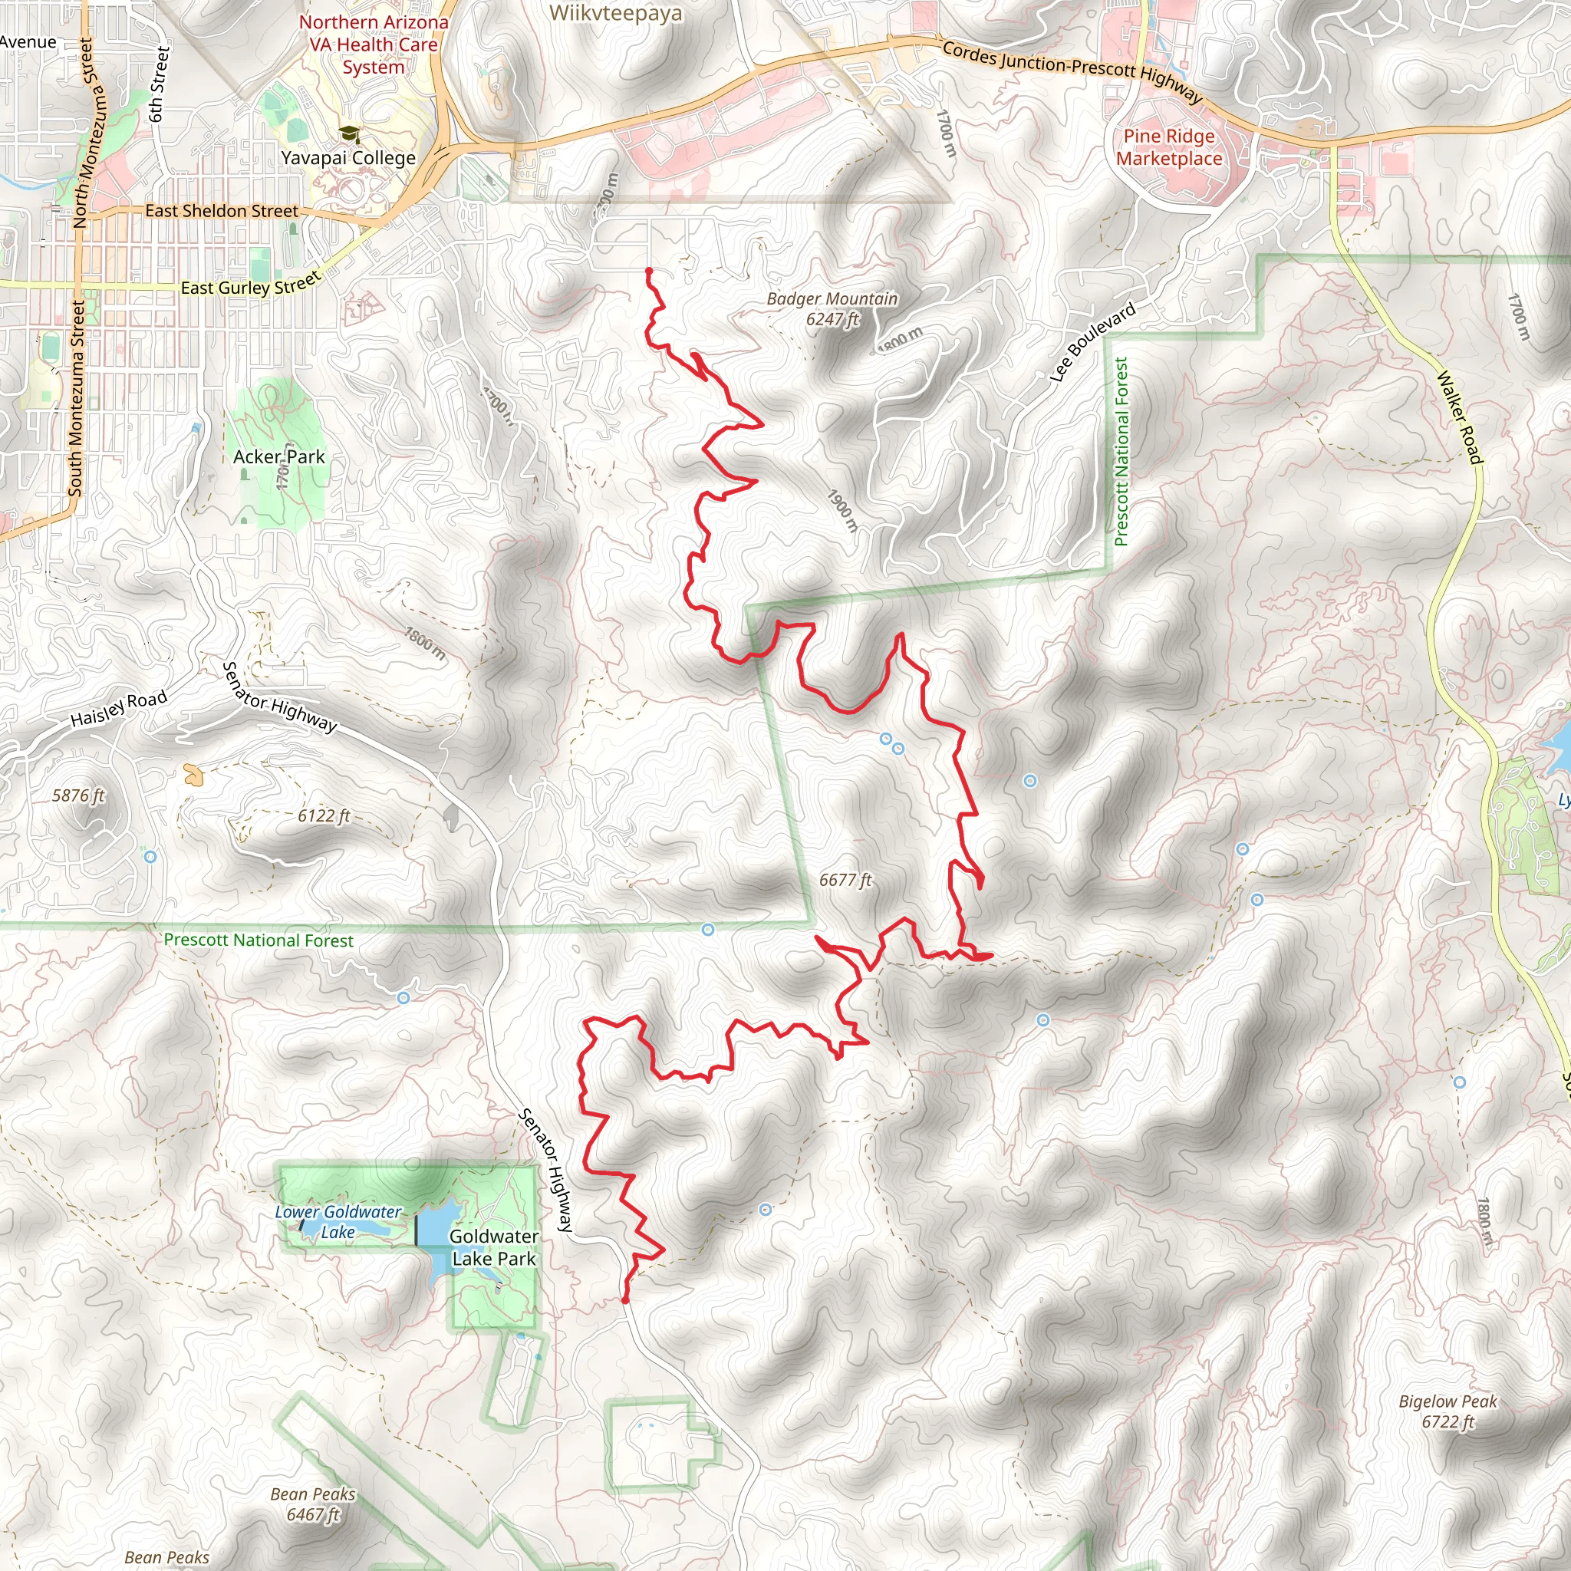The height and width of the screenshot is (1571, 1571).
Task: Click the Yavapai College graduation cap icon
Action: (350, 133)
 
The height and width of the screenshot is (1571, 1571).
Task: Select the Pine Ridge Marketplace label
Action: (1168, 147)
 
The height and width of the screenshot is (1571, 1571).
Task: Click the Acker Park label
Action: (279, 457)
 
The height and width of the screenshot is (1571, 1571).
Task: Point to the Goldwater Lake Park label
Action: (493, 1247)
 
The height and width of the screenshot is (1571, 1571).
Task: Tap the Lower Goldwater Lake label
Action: (338, 1222)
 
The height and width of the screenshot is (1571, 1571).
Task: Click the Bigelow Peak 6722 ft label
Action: (1447, 1411)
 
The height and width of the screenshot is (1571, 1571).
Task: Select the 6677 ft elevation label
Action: (845, 880)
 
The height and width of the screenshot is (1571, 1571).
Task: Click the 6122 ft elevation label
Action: (324, 815)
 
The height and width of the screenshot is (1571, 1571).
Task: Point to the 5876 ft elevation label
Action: (78, 795)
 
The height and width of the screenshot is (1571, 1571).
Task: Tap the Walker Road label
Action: (1460, 417)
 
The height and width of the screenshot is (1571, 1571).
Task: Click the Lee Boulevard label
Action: (1092, 342)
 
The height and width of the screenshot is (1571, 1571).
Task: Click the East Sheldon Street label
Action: (221, 211)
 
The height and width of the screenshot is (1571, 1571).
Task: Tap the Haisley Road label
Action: (119, 708)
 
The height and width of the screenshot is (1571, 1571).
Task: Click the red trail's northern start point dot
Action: (649, 271)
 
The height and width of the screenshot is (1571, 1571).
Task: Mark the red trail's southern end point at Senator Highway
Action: (625, 1299)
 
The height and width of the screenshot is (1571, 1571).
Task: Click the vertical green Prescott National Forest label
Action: (1121, 451)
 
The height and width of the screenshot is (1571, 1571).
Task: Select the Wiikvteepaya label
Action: (615, 13)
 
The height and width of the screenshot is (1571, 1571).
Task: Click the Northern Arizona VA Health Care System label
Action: (374, 44)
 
